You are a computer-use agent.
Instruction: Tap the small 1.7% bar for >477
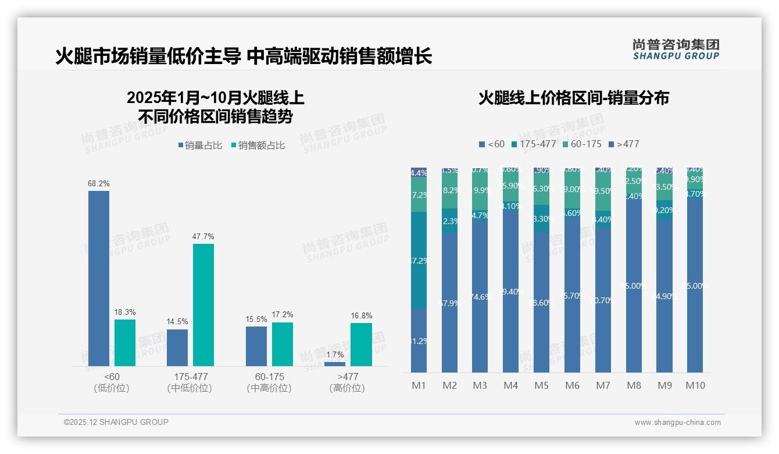coord(335,364)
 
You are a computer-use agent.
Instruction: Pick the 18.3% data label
coord(125,312)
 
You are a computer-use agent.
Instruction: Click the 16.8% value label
coord(361,315)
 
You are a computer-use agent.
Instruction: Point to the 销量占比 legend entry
coord(200,146)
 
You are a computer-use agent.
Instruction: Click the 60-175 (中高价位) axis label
coord(269,382)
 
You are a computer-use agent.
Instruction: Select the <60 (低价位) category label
coord(112,382)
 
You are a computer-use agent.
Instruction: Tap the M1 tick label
coord(419,385)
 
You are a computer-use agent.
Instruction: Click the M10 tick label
coord(695,385)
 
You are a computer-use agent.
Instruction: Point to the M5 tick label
coord(541,385)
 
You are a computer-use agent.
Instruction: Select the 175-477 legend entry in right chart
coord(533,144)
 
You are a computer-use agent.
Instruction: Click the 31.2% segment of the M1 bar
coord(419,340)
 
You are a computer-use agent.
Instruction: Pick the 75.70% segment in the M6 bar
coord(572,296)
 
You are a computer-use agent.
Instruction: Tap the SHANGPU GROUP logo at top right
coord(676,49)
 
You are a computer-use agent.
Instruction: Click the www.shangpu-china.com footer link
coord(677,422)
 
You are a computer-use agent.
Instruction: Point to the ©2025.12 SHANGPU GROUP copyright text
coord(116,422)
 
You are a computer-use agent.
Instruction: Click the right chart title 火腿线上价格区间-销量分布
coord(573,98)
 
